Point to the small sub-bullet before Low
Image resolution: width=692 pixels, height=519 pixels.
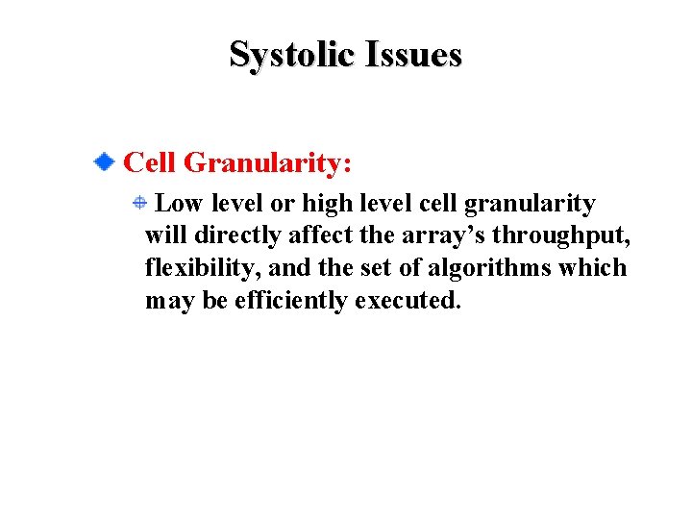(x=139, y=203)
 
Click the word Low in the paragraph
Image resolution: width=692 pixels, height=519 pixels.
(x=179, y=204)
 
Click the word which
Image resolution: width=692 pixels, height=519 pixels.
(x=593, y=268)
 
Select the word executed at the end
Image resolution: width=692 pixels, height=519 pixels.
(x=408, y=301)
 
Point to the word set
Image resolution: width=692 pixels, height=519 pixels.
(x=382, y=269)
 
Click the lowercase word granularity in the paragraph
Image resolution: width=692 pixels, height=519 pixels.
(x=530, y=205)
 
